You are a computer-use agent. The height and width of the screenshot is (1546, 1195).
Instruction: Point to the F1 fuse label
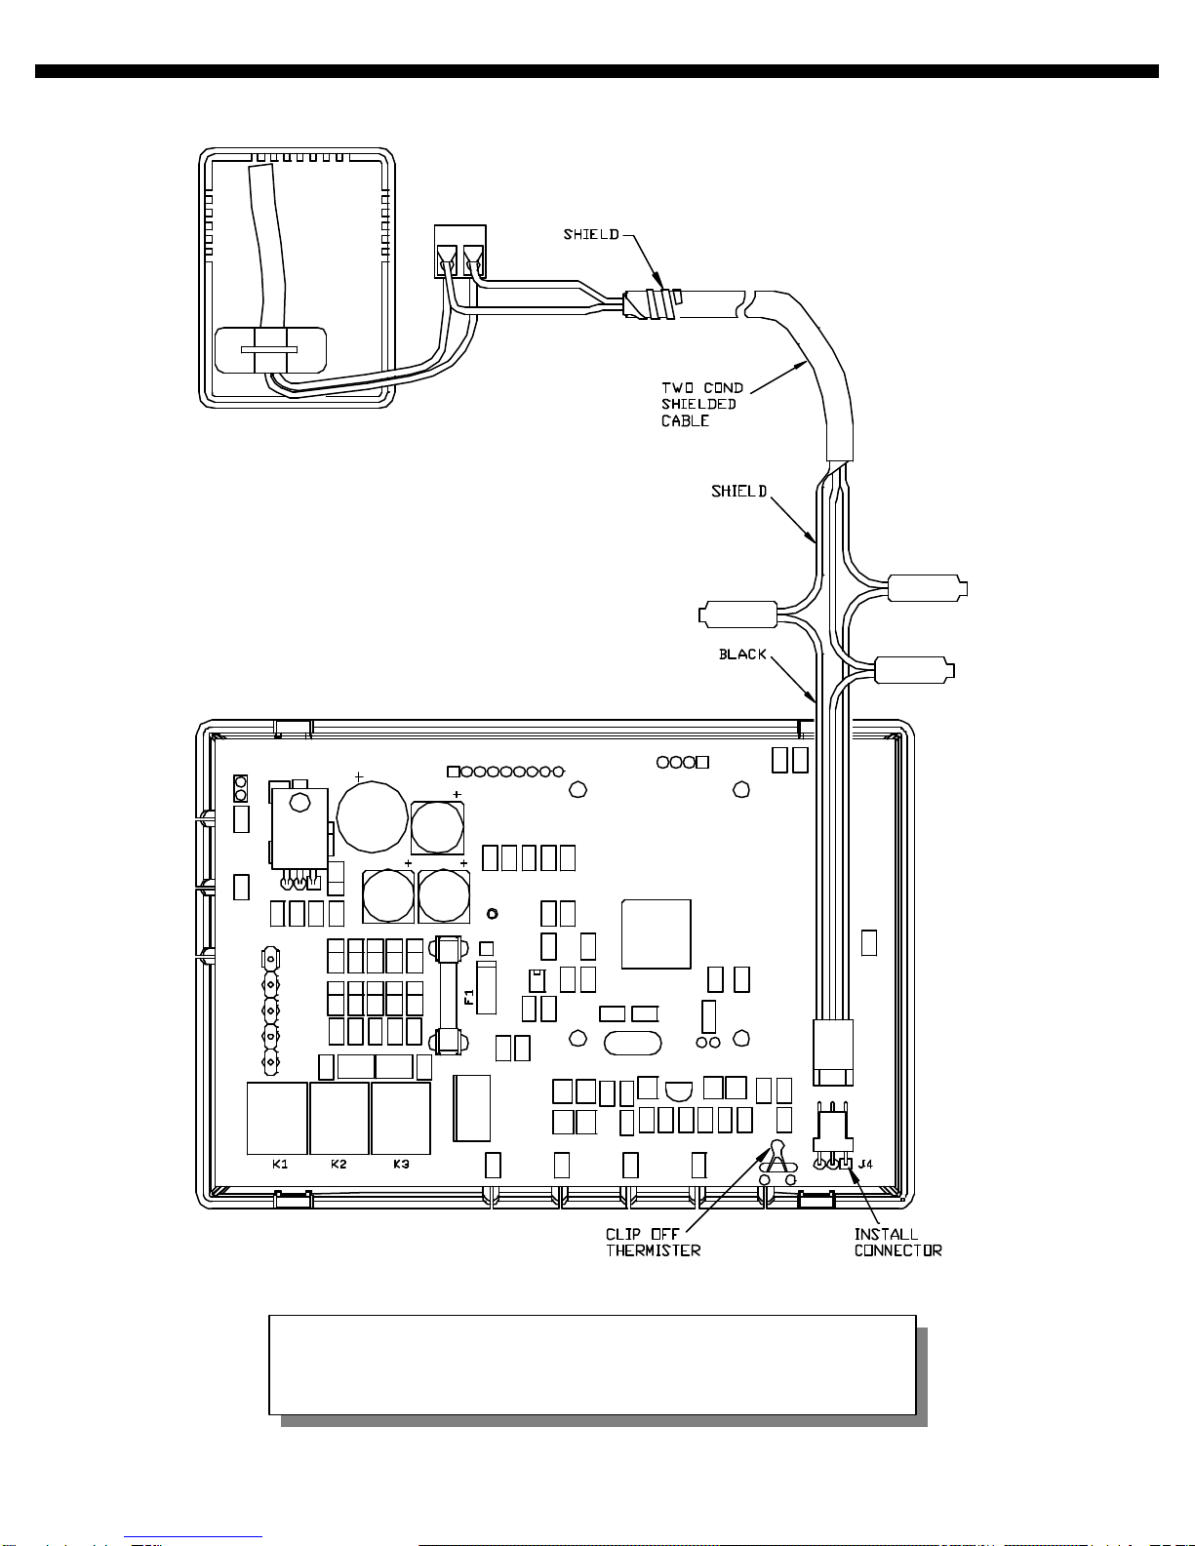coord(469,997)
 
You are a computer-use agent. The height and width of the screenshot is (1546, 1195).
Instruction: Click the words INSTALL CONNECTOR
coord(897,1243)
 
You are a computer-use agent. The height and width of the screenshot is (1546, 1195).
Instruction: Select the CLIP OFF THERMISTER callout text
coord(653,1243)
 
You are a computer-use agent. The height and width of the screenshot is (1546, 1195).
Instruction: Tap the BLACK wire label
coord(742,654)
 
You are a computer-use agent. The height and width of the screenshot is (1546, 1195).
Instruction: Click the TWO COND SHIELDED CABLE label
coord(702,404)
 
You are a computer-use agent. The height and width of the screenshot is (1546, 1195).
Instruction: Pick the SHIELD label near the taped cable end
coord(591,234)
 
